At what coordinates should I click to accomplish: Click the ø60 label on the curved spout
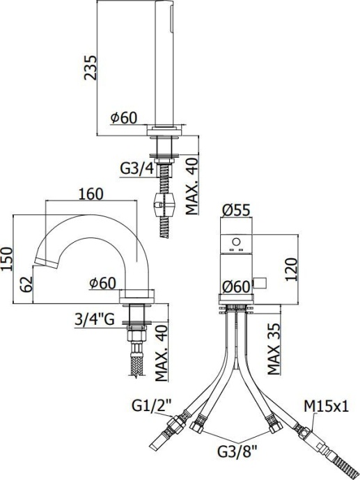coord(102,282)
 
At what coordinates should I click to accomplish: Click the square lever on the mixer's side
coord(261,281)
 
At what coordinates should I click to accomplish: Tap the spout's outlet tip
coord(40,263)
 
